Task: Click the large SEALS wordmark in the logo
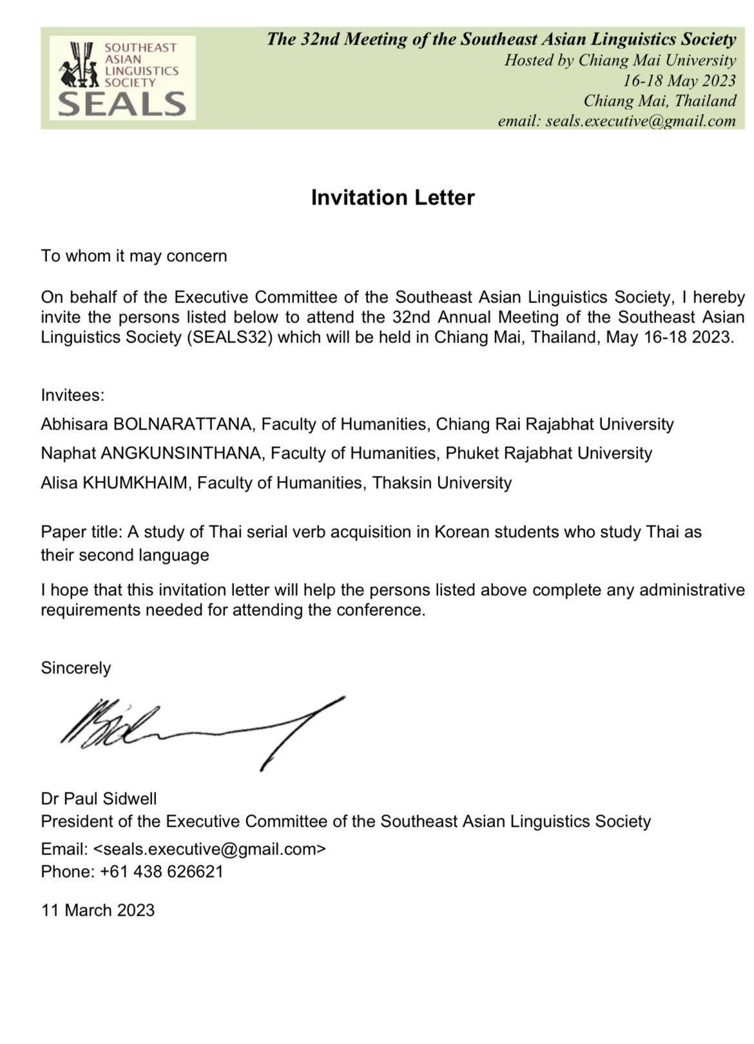[x=122, y=103]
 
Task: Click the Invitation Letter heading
[x=392, y=197]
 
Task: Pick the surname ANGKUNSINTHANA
[x=180, y=453]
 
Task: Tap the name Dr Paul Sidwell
[x=99, y=799]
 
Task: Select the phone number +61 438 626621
[x=161, y=872]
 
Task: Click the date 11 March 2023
[x=98, y=910]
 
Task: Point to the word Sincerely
[x=75, y=668]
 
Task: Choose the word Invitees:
[x=72, y=395]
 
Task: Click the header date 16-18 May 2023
[x=679, y=81]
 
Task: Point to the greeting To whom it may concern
[x=134, y=256]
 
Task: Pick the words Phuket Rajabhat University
[x=548, y=453]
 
